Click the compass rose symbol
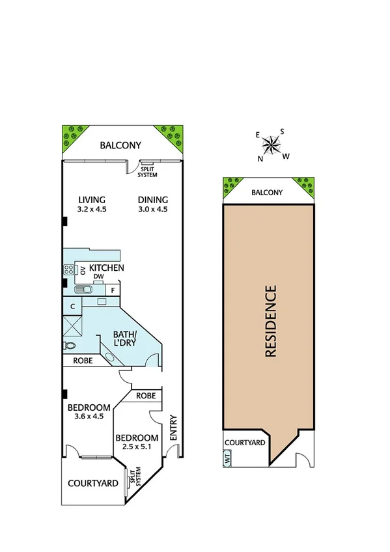272,145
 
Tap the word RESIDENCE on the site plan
271,321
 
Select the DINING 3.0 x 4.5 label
153,204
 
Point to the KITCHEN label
107,268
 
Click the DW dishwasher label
98,277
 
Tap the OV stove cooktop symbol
68,269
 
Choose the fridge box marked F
113,290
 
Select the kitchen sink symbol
83,290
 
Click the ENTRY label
173,429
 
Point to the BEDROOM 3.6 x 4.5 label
89,412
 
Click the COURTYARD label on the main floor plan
93,483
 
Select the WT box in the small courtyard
227,458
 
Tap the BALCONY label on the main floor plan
120,146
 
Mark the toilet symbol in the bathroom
68,346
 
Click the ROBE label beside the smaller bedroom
145,395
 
